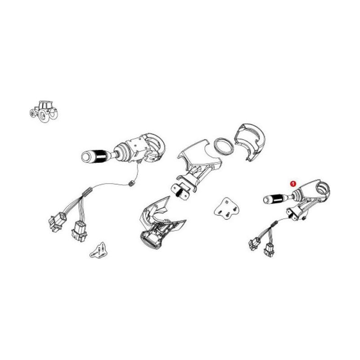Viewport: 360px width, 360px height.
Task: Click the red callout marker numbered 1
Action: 293,184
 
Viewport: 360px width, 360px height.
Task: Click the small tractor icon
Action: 43,111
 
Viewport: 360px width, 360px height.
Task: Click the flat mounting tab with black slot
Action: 181,191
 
